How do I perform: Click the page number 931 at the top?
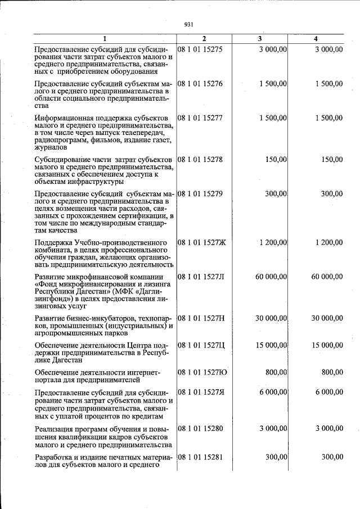(188, 25)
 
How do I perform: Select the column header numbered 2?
(204, 39)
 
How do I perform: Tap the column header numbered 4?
(316, 39)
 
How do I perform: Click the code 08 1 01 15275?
(200, 49)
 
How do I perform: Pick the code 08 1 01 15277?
(200, 118)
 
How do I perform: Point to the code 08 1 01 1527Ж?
(201, 242)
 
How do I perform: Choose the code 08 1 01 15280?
(200, 429)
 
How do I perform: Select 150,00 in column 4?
(331, 160)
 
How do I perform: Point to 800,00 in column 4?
(331, 372)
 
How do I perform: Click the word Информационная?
(62, 118)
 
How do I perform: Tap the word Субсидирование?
(62, 160)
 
